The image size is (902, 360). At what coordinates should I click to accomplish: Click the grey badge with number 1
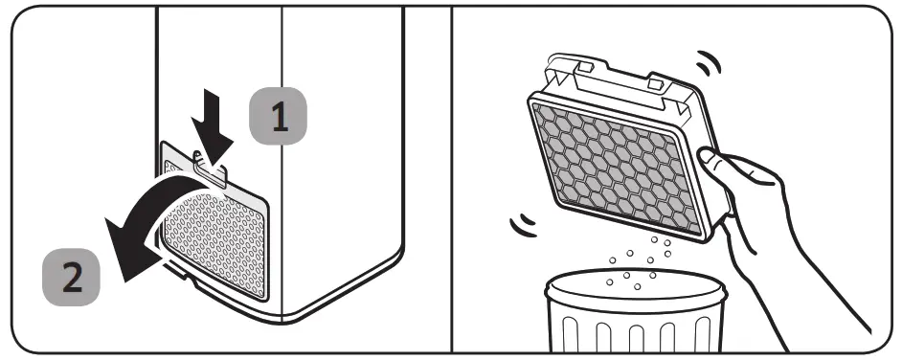pyautogui.click(x=278, y=118)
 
